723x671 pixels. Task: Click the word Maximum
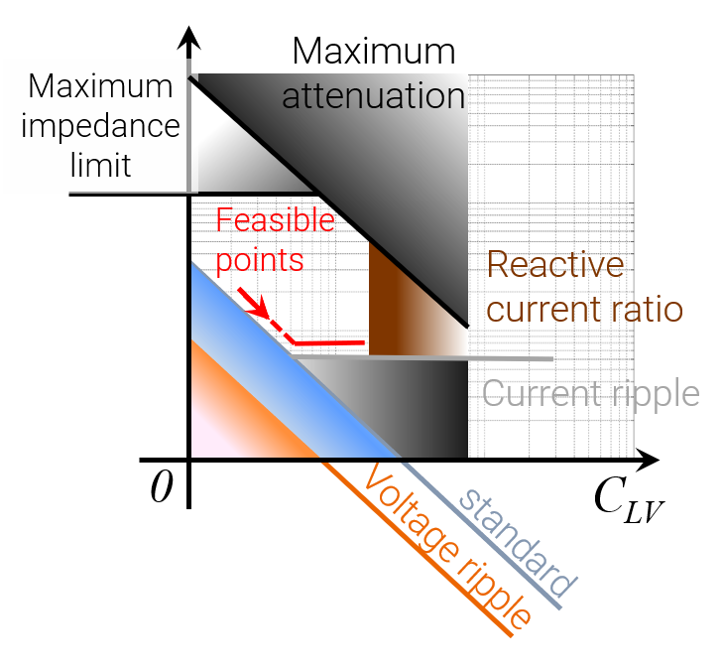click(100, 86)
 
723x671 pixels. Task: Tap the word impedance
click(100, 126)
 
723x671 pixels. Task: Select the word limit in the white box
click(100, 164)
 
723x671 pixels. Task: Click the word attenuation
click(373, 97)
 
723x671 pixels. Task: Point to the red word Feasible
click(275, 220)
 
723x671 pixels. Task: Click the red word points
click(259, 259)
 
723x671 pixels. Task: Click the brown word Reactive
click(555, 265)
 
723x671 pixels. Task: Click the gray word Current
click(538, 393)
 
